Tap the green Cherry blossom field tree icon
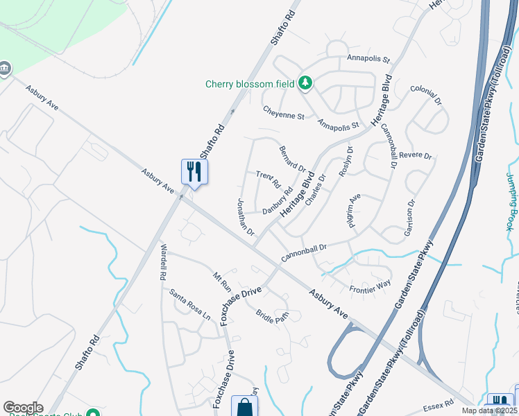click(x=305, y=84)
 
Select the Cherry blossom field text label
click(x=250, y=85)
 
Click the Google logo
click(x=23, y=407)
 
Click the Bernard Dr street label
click(x=292, y=159)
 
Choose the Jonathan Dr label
click(x=246, y=216)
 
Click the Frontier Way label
click(x=370, y=286)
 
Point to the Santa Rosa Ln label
click(x=190, y=304)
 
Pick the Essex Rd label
click(x=439, y=401)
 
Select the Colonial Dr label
click(x=426, y=95)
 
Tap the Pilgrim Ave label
click(x=355, y=211)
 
